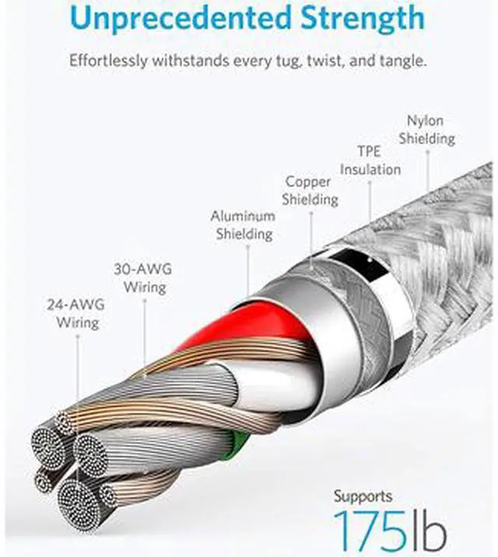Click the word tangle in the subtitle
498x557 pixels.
401,60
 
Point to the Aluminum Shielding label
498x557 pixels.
244,224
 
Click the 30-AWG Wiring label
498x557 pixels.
143,278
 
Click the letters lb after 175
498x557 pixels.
426,530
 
